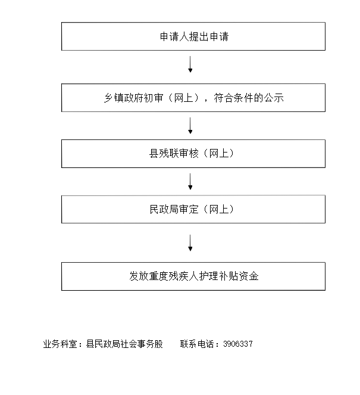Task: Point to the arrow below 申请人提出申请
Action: tap(190, 64)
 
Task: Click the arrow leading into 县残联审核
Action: tap(190, 126)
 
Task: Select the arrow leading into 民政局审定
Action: tap(190, 181)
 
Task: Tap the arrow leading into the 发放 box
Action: tap(190, 243)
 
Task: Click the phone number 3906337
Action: tap(238, 344)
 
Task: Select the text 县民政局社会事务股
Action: tap(124, 344)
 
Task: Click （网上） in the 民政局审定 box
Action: tap(218, 209)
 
